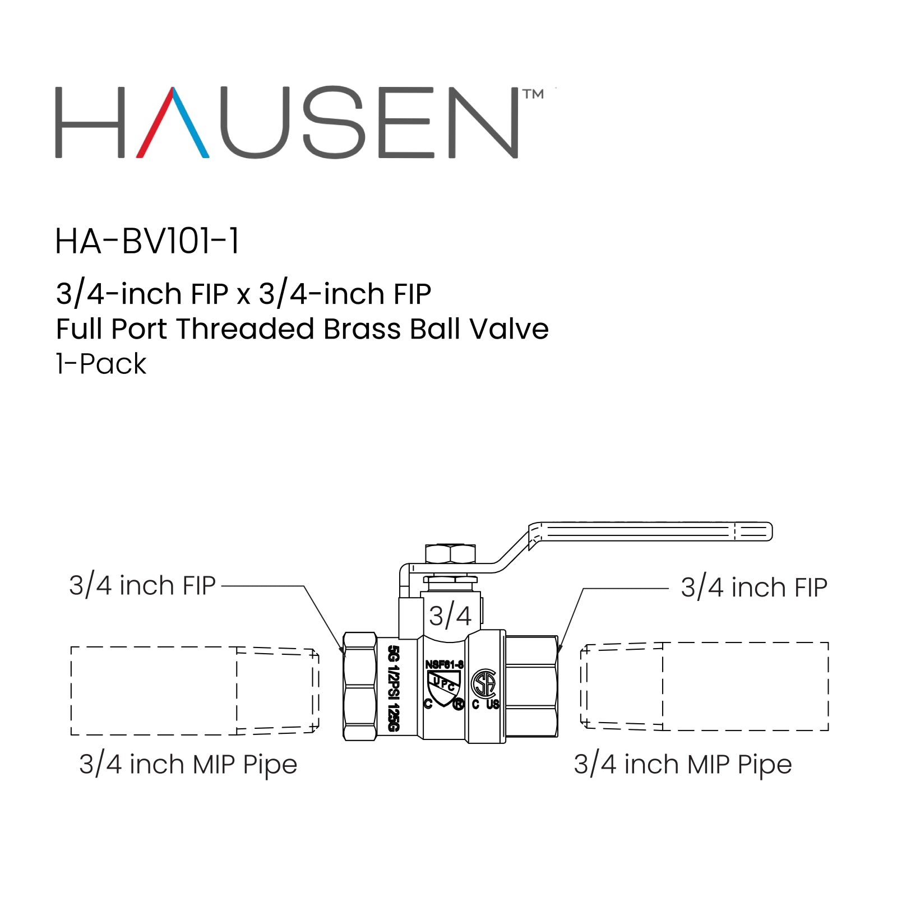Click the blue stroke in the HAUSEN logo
pyautogui.click(x=192, y=123)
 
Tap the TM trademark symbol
pyautogui.click(x=533, y=94)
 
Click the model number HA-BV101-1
pyautogui.click(x=147, y=242)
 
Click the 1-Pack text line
pyautogui.click(x=101, y=364)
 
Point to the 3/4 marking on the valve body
pyautogui.click(x=450, y=616)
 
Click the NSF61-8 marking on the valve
pyautogui.click(x=444, y=664)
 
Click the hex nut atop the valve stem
pyautogui.click(x=450, y=553)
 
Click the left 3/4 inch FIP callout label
pyautogui.click(x=142, y=586)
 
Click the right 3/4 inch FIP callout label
pyautogui.click(x=753, y=588)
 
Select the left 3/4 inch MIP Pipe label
pyautogui.click(x=188, y=765)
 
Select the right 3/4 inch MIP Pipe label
pyautogui.click(x=682, y=765)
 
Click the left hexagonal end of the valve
pyautogui.click(x=359, y=686)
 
